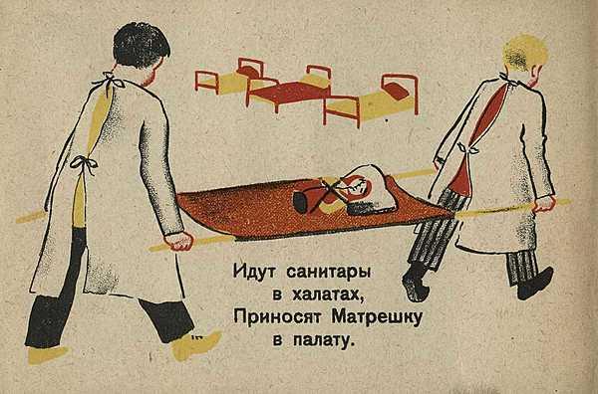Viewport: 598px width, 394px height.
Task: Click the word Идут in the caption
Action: coord(255,273)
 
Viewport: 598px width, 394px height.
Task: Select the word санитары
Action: coord(328,274)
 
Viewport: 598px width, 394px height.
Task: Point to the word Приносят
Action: coord(277,317)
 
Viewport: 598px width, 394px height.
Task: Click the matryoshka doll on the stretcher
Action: coord(336,194)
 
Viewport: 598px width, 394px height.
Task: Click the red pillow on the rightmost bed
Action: coord(395,92)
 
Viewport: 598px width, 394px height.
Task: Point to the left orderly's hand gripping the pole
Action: coord(178,241)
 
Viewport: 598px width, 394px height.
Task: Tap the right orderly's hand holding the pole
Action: coord(544,204)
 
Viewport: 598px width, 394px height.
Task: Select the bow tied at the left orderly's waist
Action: coord(84,164)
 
